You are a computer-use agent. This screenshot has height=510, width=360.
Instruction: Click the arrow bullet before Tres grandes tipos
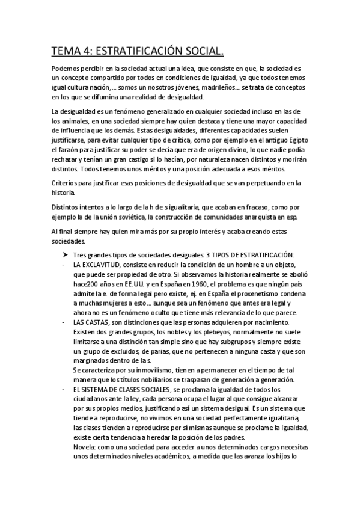tap(67, 255)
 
